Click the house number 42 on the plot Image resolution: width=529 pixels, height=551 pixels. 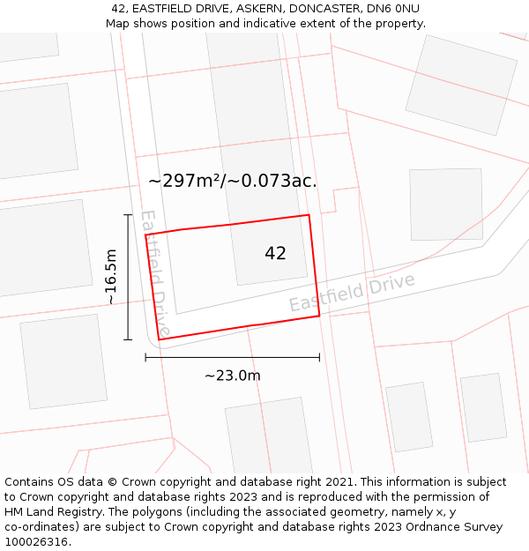pyautogui.click(x=275, y=253)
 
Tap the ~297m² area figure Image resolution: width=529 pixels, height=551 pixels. pyautogui.click(x=184, y=181)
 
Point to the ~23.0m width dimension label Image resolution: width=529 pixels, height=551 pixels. pyautogui.click(x=233, y=376)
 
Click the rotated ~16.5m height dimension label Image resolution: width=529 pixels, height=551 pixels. pyautogui.click(x=111, y=277)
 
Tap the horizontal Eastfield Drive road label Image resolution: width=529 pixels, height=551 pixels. pyautogui.click(x=352, y=293)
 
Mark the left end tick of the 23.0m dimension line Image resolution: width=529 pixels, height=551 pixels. pyautogui.click(x=145, y=357)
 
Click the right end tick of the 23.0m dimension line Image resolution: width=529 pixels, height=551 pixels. pyautogui.click(x=319, y=357)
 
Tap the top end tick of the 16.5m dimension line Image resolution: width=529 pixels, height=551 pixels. pyautogui.click(x=129, y=214)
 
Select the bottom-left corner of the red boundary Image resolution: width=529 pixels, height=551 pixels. pyautogui.click(x=159, y=339)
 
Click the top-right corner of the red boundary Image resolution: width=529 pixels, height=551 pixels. pyautogui.click(x=309, y=215)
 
